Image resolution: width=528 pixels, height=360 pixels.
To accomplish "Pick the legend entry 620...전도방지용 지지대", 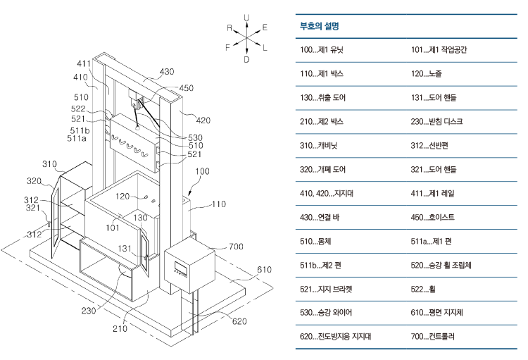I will pyautogui.click(x=336, y=337).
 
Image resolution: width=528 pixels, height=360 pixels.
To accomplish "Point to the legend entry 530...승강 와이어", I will pyautogui.click(x=327, y=313).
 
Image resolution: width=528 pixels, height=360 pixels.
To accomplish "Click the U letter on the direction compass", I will pyautogui.click(x=246, y=16).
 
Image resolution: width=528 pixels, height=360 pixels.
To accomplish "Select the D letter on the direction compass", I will pyautogui.click(x=246, y=60).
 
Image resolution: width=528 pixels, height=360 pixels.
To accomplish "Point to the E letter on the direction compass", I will pyautogui.click(x=265, y=27).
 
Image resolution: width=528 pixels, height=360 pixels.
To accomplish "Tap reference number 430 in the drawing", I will pyautogui.click(x=167, y=72).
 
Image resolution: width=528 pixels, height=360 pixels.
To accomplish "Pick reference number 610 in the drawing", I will pyautogui.click(x=264, y=270).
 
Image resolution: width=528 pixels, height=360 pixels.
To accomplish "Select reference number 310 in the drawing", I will pyautogui.click(x=49, y=163).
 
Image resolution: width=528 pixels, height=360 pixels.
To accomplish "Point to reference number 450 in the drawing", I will pyautogui.click(x=187, y=88).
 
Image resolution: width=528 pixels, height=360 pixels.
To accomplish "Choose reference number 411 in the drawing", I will pyautogui.click(x=84, y=63).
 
